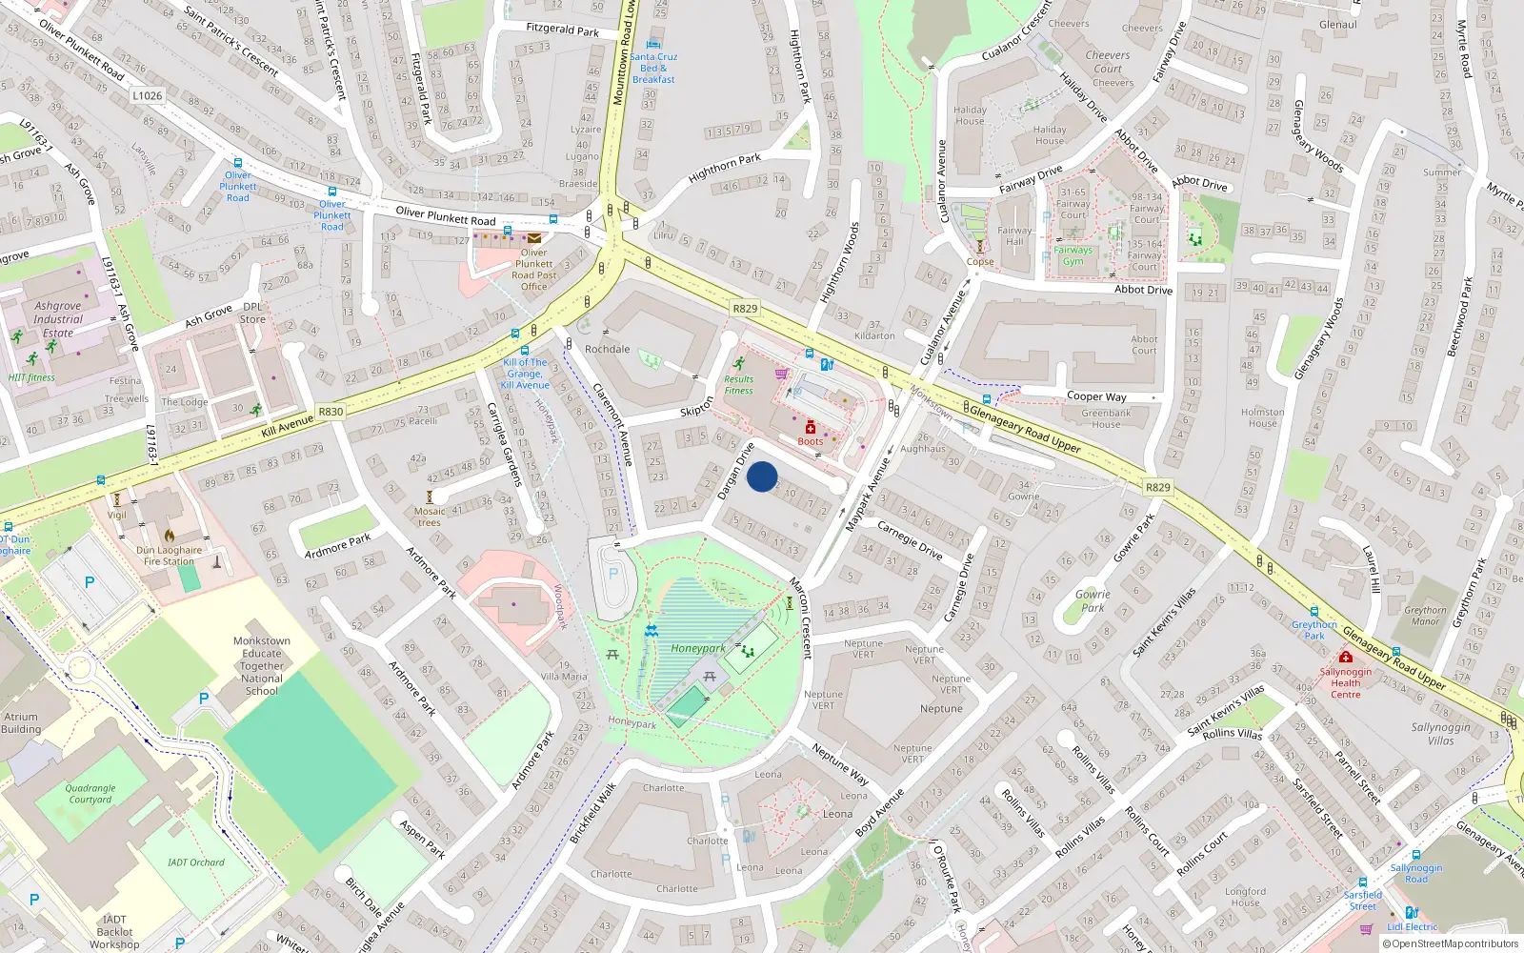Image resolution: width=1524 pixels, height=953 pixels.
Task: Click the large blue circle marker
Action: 762,476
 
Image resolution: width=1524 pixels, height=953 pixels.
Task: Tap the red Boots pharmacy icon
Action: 811,428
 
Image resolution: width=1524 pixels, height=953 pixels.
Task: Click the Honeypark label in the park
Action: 697,648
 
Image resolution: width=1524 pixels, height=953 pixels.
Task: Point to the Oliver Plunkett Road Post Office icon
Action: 534,237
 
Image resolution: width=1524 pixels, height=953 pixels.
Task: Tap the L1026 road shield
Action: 147,95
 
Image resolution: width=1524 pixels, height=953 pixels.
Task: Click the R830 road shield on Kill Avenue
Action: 331,412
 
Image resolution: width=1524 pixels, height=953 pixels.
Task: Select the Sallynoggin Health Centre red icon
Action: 1345,657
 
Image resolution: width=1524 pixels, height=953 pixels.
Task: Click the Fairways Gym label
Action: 1073,255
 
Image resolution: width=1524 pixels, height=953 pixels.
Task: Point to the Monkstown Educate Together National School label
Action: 261,665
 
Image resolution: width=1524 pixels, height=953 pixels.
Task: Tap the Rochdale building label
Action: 607,349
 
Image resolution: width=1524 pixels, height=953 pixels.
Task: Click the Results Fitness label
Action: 738,384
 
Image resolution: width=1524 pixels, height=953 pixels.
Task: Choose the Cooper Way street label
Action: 1096,396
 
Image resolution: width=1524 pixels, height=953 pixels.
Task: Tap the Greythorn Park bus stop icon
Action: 1313,611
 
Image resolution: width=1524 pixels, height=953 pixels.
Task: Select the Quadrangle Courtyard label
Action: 90,794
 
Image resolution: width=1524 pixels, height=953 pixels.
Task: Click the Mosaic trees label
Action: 430,517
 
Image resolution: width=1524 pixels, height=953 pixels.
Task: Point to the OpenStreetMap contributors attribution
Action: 1450,943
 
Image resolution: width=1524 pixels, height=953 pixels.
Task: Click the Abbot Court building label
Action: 1144,344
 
